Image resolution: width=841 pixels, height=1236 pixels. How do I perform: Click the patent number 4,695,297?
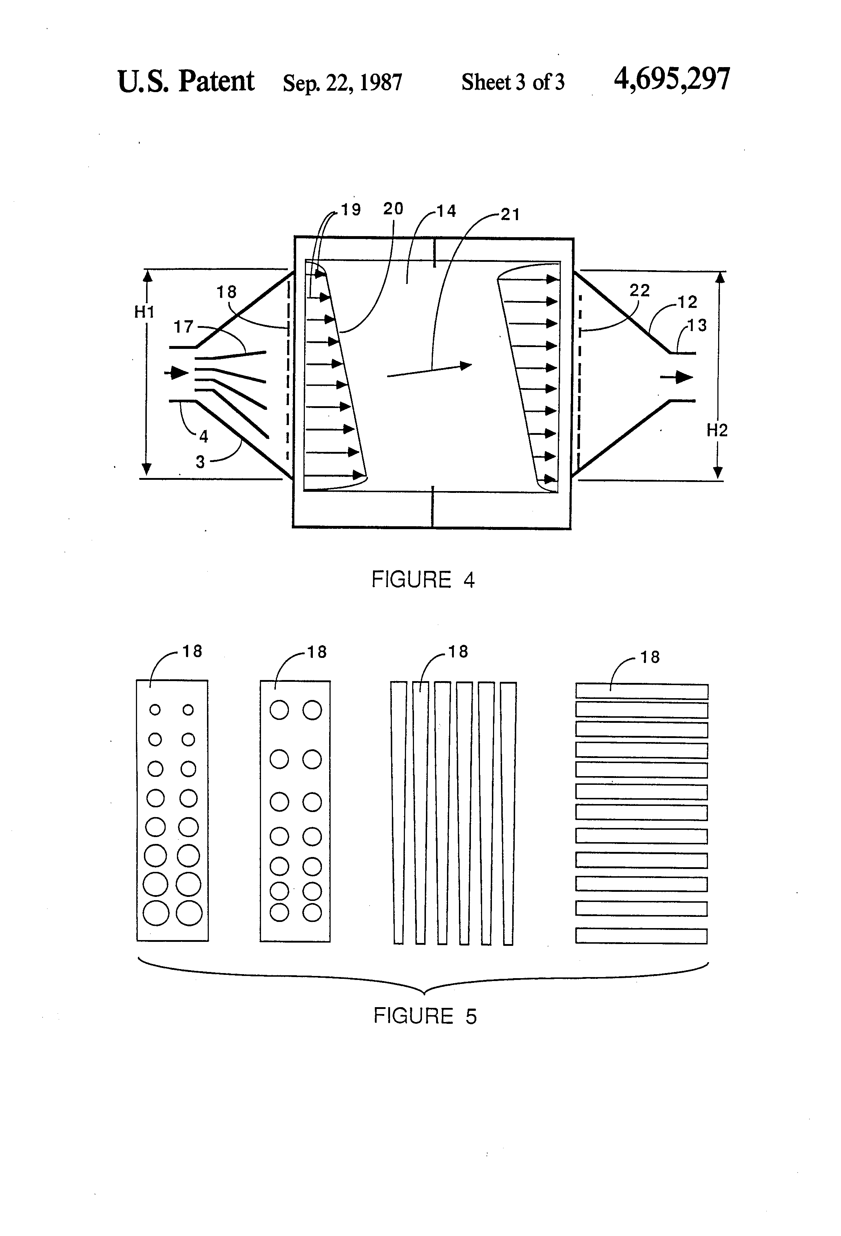tap(672, 80)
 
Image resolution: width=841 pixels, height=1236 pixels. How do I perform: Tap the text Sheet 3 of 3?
tap(513, 82)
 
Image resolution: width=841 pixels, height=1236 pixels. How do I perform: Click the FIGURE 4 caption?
tap(423, 579)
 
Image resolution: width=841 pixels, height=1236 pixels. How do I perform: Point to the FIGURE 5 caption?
tap(425, 1016)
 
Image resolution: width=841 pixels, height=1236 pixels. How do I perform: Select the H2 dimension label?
tap(717, 430)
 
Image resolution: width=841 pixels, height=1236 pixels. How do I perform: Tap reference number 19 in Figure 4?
tap(351, 210)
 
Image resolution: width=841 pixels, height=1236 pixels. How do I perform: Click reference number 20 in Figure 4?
tap(393, 209)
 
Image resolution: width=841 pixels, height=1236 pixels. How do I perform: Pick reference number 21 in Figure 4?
tap(510, 214)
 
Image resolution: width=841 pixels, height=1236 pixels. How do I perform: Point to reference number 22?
tap(639, 291)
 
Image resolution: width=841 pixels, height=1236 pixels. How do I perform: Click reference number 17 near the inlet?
tap(183, 326)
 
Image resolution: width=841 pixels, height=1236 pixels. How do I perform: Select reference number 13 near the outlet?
tap(697, 325)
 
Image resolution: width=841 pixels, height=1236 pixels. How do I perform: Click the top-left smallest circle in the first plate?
tap(155, 709)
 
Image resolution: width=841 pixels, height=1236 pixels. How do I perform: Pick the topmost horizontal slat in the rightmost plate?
tap(642, 691)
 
